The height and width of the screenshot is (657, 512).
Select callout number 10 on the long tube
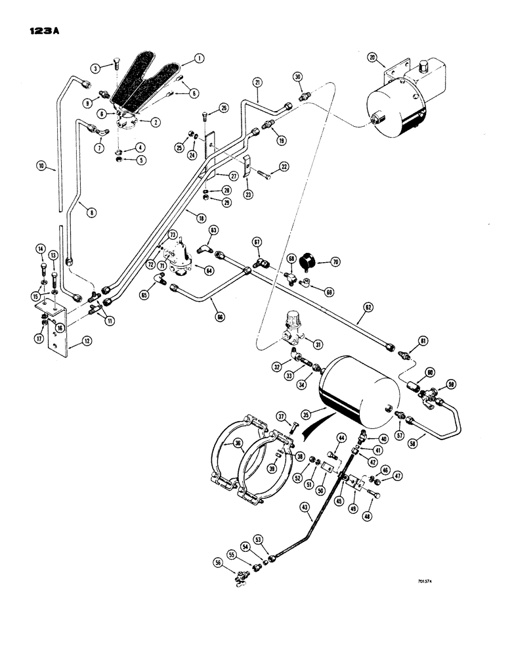[x=41, y=167]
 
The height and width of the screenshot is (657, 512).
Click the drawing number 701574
[x=426, y=581]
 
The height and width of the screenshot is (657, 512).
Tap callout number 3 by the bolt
[x=96, y=67]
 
